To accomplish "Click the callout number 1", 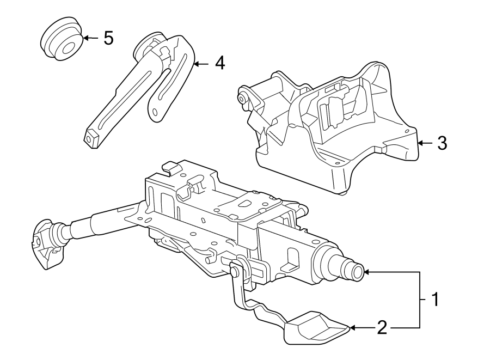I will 434,299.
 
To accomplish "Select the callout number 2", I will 382,327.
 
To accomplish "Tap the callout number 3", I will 442,143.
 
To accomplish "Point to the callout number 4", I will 219,64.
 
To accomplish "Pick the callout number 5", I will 108,38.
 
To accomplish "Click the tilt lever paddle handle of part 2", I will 315,328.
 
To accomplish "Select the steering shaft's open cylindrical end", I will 356,271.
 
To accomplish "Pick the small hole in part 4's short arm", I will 157,112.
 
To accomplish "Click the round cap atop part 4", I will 147,44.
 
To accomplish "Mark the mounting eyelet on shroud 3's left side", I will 241,99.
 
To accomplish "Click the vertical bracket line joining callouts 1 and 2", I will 420,300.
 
